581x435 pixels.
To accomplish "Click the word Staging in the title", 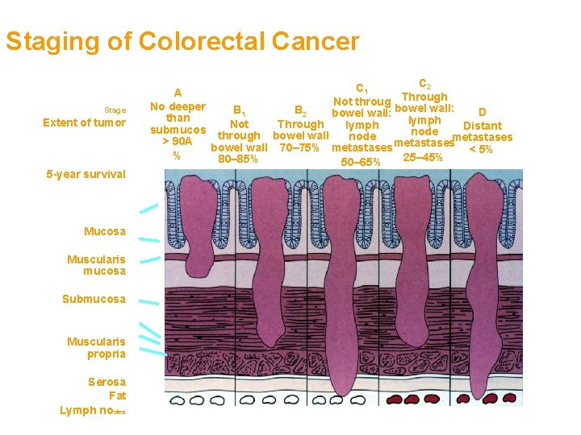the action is click(x=48, y=41).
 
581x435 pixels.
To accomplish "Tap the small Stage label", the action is click(x=115, y=110).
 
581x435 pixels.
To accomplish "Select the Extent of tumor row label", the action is click(x=84, y=122).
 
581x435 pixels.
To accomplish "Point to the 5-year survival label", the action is click(x=86, y=173).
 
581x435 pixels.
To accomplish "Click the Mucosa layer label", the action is click(x=105, y=232).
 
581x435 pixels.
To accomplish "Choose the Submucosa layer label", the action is click(x=94, y=299).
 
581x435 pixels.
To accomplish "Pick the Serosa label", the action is click(x=107, y=382).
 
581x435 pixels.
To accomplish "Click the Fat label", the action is click(x=117, y=396).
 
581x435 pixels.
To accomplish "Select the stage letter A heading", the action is click(x=178, y=93).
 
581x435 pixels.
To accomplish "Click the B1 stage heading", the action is click(x=240, y=110).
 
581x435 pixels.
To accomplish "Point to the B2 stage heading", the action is click(x=300, y=111).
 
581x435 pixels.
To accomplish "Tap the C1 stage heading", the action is click(x=362, y=89).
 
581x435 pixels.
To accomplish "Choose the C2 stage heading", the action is click(x=424, y=83).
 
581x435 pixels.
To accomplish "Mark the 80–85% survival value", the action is click(x=238, y=159).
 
